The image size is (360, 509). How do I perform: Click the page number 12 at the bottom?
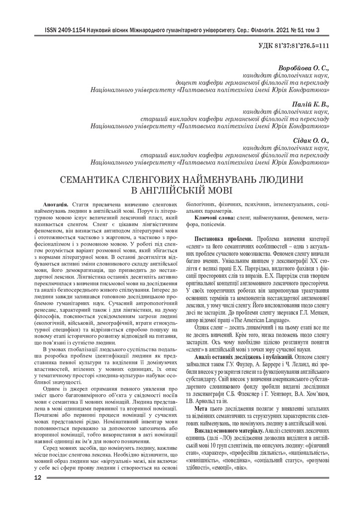click(x=37, y=492)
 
